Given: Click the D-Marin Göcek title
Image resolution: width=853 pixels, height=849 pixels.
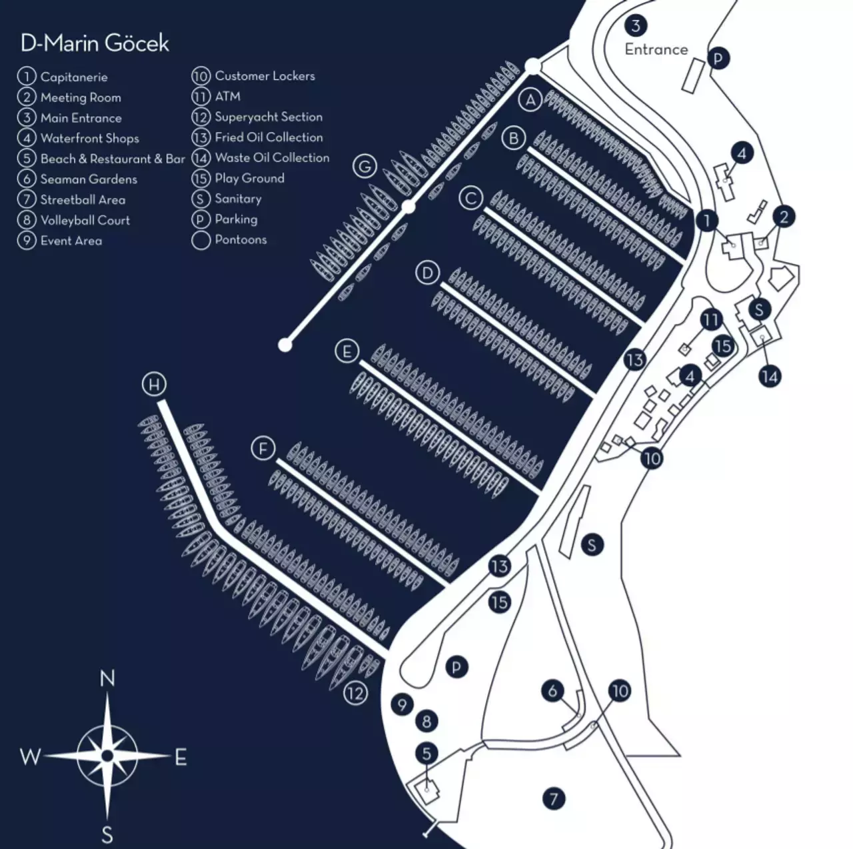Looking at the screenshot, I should click(x=95, y=43).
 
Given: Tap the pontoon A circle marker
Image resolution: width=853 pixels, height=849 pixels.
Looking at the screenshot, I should click(x=530, y=101).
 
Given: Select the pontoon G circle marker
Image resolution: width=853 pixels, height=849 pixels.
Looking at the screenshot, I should click(x=365, y=166).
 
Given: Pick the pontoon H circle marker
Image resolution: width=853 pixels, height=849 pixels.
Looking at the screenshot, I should click(x=155, y=384).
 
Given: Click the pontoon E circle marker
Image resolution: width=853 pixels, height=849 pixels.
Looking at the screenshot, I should click(x=347, y=351).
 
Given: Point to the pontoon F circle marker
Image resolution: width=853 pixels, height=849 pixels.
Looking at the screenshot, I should click(x=263, y=448).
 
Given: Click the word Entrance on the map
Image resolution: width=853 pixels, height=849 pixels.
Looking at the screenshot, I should click(x=656, y=49).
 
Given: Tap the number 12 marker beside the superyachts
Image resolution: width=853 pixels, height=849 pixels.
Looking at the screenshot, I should click(x=356, y=694).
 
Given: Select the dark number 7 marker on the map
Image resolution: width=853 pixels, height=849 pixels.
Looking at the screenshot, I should click(x=553, y=798).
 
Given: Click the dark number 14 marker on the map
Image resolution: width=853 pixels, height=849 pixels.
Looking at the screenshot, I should click(x=770, y=377).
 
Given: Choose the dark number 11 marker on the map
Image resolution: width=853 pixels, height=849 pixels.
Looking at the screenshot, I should click(x=711, y=321).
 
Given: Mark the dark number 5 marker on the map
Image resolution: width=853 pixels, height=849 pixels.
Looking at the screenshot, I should click(x=426, y=754).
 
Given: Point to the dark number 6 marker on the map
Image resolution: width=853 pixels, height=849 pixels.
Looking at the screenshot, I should click(x=552, y=690).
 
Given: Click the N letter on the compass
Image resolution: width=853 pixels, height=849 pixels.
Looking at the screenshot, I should click(x=107, y=679).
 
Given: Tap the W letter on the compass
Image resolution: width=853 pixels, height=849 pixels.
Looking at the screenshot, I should click(x=30, y=757).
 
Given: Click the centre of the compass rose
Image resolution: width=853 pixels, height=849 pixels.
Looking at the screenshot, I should click(x=107, y=756).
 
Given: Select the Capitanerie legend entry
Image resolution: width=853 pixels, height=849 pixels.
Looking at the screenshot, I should click(x=73, y=77).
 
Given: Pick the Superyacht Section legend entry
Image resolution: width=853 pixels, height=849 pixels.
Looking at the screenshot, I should click(x=268, y=117).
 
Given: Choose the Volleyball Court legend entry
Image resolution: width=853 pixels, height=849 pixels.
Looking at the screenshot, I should click(x=85, y=220).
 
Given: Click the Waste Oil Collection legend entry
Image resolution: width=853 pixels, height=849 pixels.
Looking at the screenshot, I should click(x=272, y=158).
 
